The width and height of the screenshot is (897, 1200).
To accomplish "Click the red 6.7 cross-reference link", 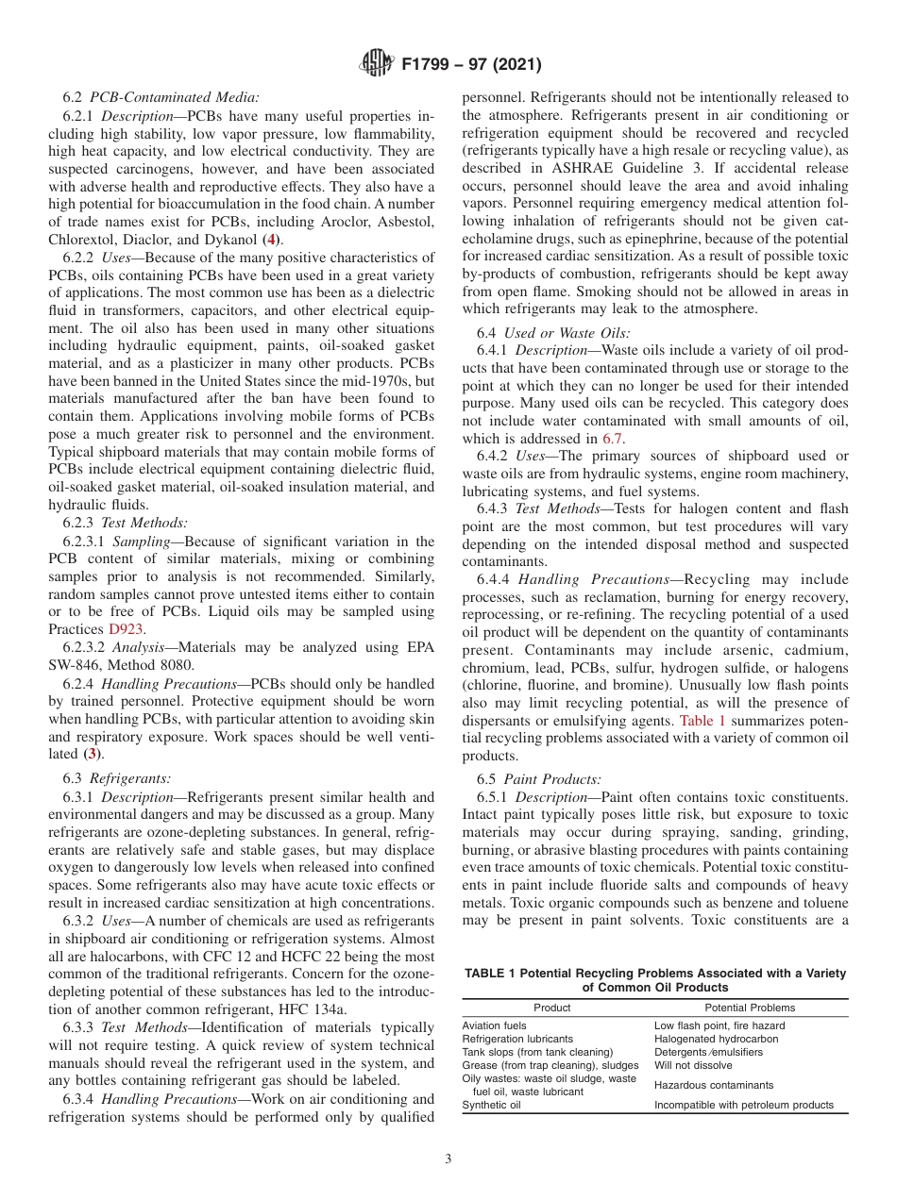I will point(613,439).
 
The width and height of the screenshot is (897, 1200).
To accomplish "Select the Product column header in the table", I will point(551,1008).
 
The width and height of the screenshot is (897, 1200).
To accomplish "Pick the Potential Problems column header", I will point(750,1008).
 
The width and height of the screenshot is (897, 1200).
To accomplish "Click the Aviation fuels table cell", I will point(494,1025).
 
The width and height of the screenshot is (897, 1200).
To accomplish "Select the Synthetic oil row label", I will point(490,1105).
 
